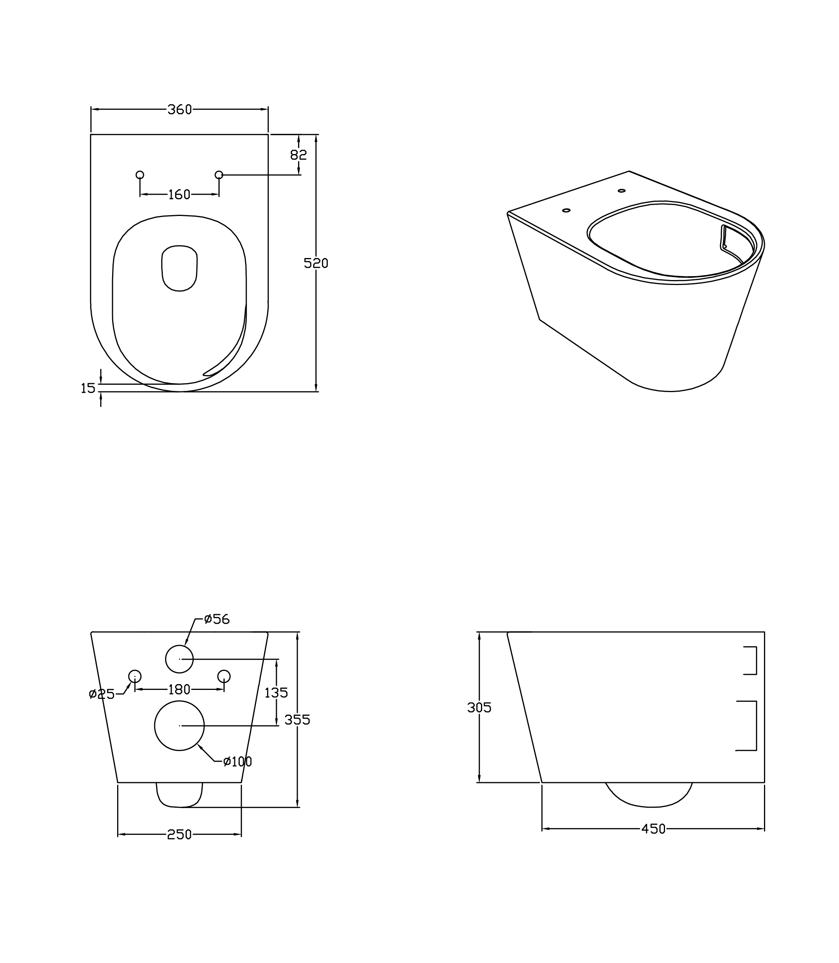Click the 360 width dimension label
pos(180,109)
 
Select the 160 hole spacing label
pos(179,195)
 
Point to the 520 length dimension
pos(316,264)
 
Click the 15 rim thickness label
pos(88,388)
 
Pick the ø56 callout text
pos(217,619)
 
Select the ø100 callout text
pos(237,762)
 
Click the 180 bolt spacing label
pos(179,690)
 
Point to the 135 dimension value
pos(276,693)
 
